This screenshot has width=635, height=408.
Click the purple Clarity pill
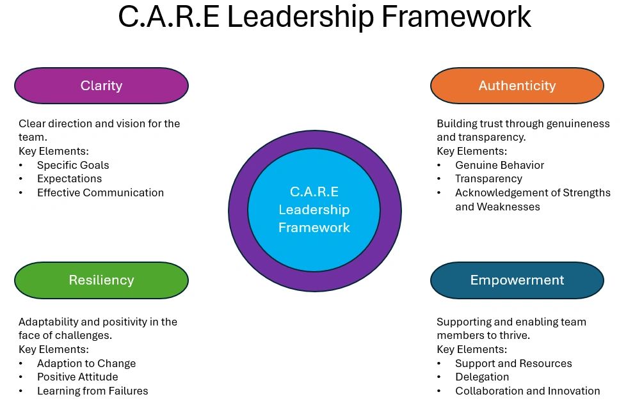click(101, 86)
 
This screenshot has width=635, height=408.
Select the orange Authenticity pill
click(517, 86)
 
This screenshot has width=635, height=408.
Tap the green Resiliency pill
click(101, 280)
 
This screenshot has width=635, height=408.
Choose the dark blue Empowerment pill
click(517, 280)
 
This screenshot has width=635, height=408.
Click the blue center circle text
click(314, 210)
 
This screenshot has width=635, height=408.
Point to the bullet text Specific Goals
click(73, 165)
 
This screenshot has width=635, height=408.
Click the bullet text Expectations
click(69, 179)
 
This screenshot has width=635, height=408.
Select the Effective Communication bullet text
click(100, 192)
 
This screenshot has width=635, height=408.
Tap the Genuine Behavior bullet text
click(499, 165)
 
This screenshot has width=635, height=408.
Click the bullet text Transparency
click(488, 179)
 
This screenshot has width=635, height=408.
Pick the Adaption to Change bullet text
click(86, 363)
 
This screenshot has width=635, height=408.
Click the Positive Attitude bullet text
click(77, 377)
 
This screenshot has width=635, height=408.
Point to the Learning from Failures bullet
click(92, 391)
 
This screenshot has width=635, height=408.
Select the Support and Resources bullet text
click(513, 363)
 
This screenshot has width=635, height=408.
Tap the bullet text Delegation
click(482, 377)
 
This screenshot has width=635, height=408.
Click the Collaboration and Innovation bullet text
click(527, 391)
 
